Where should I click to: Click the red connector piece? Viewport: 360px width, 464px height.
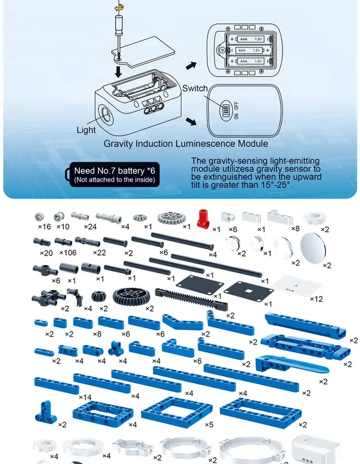tap(203, 218)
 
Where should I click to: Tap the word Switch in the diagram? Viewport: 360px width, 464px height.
tap(195, 88)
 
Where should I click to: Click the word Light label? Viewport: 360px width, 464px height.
tap(86, 130)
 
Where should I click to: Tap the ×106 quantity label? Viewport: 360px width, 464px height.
tap(68, 253)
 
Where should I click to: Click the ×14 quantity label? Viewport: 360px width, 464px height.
tap(85, 397)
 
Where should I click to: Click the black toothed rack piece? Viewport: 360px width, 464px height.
tap(192, 299)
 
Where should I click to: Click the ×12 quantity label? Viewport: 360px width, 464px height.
tap(316, 299)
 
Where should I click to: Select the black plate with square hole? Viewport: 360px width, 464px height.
tap(248, 291)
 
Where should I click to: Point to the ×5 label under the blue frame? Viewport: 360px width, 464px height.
tap(209, 425)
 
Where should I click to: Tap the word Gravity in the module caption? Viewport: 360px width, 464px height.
tap(118, 144)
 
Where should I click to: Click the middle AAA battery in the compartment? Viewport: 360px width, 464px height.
tap(249, 50)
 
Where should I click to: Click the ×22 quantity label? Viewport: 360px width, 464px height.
tap(99, 253)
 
